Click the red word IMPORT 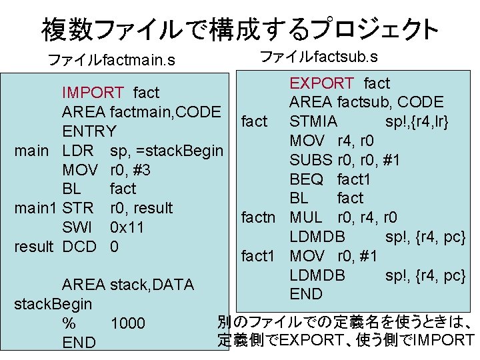pyautogui.click(x=93, y=92)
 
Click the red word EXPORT pyautogui.click(x=321, y=83)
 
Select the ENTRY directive pyautogui.click(x=89, y=131)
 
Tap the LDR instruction pyautogui.click(x=78, y=151)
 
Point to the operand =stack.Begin pyautogui.click(x=167, y=151)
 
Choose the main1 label pyautogui.click(x=36, y=208)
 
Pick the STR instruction pyautogui.click(x=77, y=208)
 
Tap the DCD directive pyautogui.click(x=79, y=247)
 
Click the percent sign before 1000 pyautogui.click(x=69, y=324)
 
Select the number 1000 pyautogui.click(x=127, y=324)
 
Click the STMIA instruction pyautogui.click(x=313, y=122)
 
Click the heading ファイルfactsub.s pyautogui.click(x=319, y=56)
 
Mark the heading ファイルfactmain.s pyautogui.click(x=112, y=61)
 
